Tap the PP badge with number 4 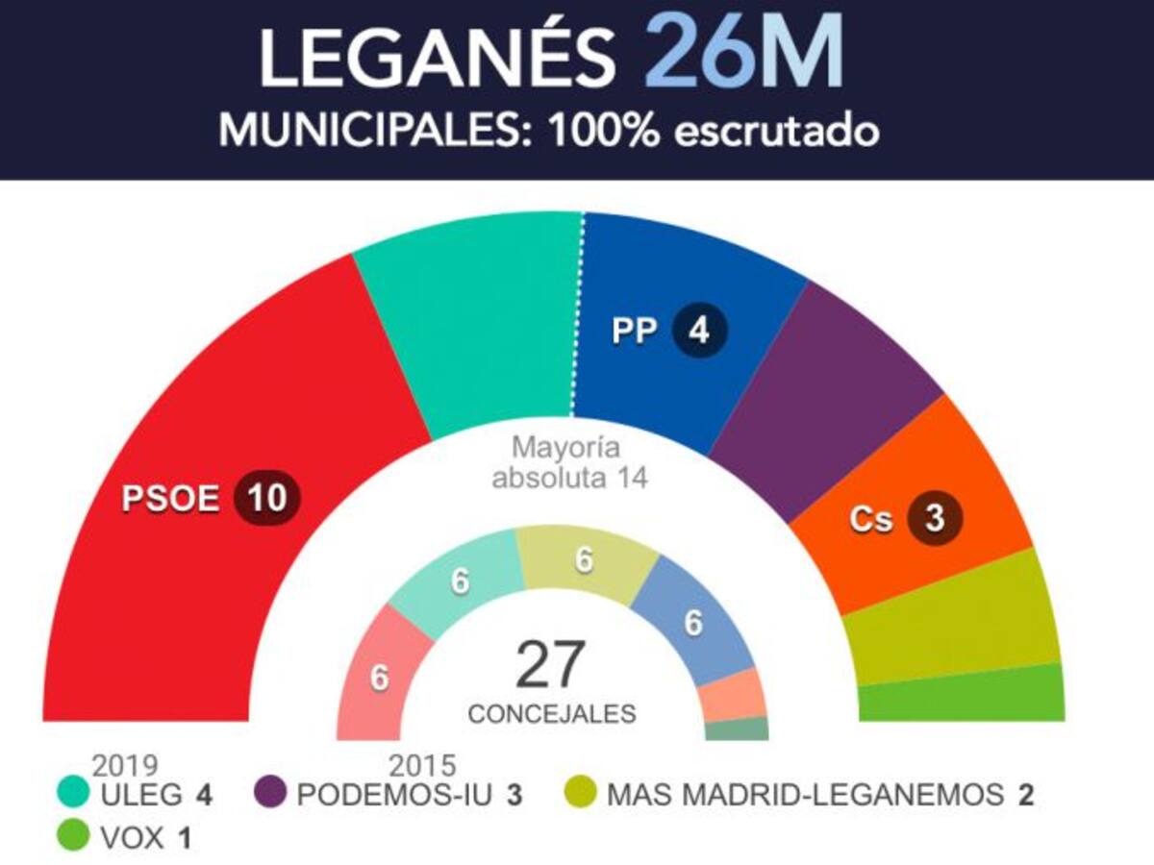[700, 331]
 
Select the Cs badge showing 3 [935, 519]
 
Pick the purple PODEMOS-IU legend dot [270, 795]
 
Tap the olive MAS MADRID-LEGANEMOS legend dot [580, 795]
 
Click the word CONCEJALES [551, 715]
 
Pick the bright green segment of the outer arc [962, 694]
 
